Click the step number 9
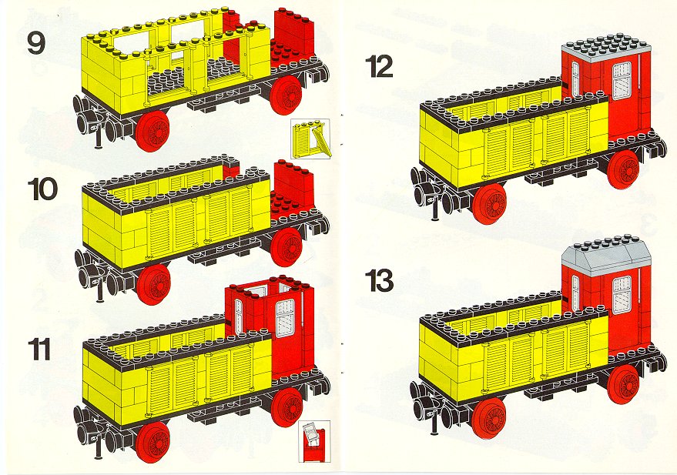click(x=36, y=43)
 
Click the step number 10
click(x=42, y=190)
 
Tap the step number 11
click(x=39, y=349)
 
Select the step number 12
click(x=379, y=67)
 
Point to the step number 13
click(x=380, y=280)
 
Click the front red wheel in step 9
click(x=152, y=131)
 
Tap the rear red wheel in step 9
click(x=287, y=95)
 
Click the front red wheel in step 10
click(x=153, y=284)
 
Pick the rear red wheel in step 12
click(x=623, y=169)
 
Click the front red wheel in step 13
click(x=489, y=419)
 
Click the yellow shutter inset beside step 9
click(x=310, y=139)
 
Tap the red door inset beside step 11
click(x=314, y=441)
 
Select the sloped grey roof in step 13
click(x=607, y=252)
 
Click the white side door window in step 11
click(x=285, y=319)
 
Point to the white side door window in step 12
click(x=622, y=82)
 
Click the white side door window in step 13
click(x=622, y=295)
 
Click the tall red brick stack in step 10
click(x=294, y=183)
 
